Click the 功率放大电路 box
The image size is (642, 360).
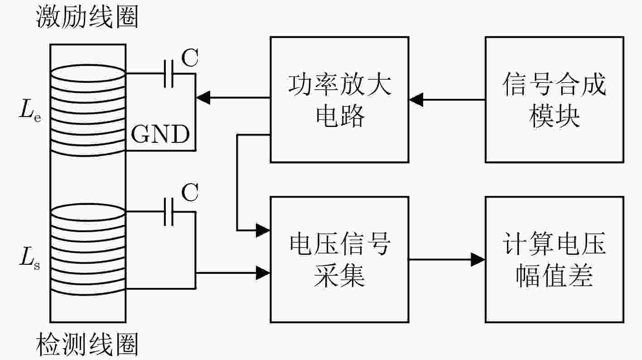(339, 100)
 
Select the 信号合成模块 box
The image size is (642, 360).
(555, 100)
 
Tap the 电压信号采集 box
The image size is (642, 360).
(339, 260)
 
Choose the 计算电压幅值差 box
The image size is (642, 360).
(555, 260)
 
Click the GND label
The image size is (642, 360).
(160, 134)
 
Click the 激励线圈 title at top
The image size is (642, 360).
(87, 17)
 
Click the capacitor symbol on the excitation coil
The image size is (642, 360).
(169, 74)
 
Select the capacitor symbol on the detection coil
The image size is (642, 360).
(169, 212)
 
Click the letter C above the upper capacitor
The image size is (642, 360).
(190, 58)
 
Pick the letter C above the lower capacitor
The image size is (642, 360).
(190, 192)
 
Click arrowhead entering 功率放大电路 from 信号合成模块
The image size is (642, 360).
(416, 100)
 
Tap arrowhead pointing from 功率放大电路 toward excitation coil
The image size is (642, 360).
(203, 97)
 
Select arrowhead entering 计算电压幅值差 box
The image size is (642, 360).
(478, 260)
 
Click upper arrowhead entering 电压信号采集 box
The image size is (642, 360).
(263, 230)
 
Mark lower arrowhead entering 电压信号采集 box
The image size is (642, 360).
(263, 273)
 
